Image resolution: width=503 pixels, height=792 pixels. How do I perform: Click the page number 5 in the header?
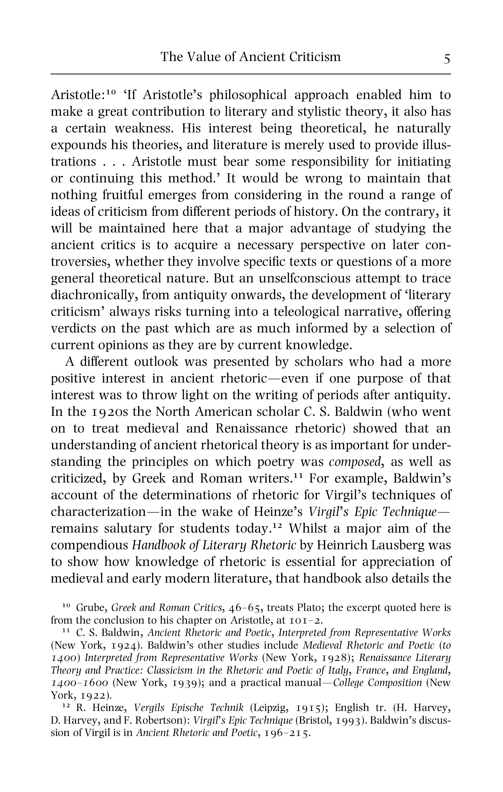click(447, 59)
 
